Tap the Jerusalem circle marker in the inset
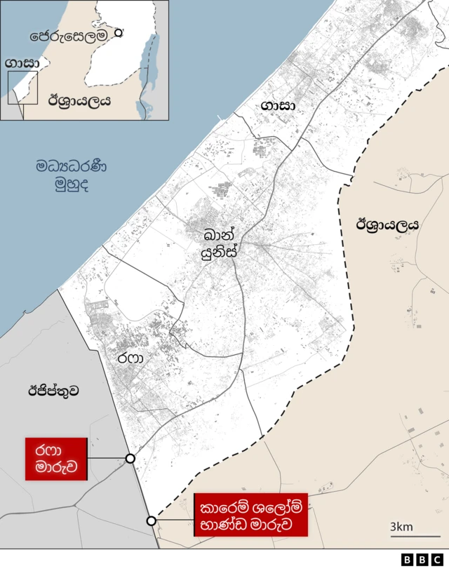click(x=119, y=32)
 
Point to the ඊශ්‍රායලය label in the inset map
click(x=79, y=100)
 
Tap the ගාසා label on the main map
click(x=278, y=105)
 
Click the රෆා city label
click(x=130, y=358)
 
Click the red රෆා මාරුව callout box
click(x=56, y=459)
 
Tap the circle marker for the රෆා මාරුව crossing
click(x=130, y=458)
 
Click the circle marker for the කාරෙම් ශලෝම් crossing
click(x=151, y=520)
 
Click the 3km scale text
click(x=402, y=527)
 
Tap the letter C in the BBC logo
click(x=437, y=560)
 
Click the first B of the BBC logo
click(x=408, y=560)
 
